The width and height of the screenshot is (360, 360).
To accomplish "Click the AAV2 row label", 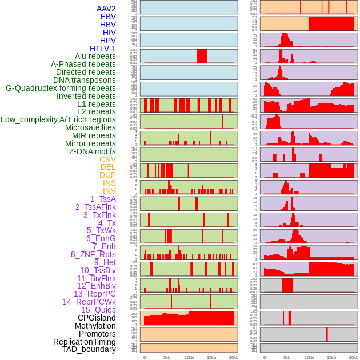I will [106, 9].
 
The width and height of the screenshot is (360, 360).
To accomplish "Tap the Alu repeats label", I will [95, 56].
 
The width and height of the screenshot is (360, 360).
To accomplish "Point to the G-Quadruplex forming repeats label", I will [61, 88].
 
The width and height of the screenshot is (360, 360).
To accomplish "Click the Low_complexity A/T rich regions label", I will [58, 119].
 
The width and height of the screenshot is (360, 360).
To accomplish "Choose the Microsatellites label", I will [90, 127].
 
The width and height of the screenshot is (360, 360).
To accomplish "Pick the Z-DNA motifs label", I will [92, 151].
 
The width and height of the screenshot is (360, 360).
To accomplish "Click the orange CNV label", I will [107, 159].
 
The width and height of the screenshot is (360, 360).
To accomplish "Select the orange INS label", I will [109, 183].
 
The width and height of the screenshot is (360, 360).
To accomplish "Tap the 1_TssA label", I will [103, 198].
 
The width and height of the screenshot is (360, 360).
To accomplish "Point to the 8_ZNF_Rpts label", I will [93, 254].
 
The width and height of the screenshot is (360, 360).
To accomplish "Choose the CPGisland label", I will [97, 318].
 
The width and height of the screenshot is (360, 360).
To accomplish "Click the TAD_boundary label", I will [89, 349].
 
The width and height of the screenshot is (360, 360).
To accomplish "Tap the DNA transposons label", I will [85, 80].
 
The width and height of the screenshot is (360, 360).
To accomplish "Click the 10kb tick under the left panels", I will [189, 357].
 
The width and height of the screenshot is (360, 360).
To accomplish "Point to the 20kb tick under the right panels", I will [354, 357].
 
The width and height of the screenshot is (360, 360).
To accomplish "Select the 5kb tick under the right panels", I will [287, 357].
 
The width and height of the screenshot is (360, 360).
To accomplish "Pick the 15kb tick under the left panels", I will [211, 357].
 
